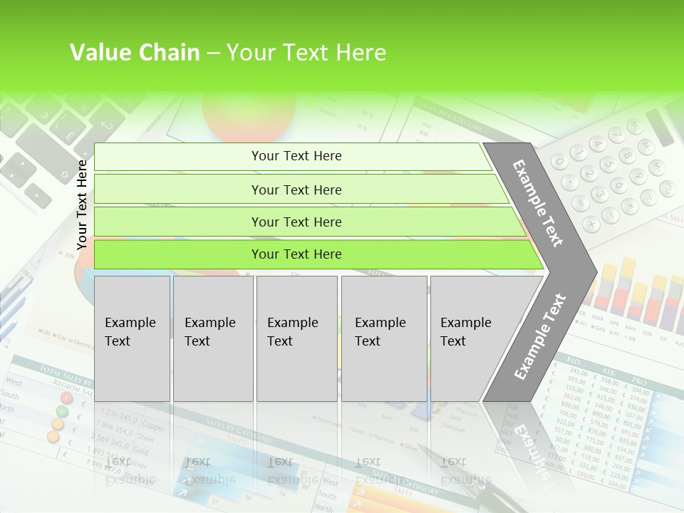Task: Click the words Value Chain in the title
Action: click(135, 53)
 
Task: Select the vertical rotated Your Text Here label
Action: click(82, 204)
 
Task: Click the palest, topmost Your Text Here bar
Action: click(296, 156)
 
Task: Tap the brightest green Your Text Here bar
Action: click(296, 254)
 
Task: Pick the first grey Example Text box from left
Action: click(132, 338)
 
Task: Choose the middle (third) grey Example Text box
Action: click(296, 338)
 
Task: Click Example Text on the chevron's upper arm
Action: click(538, 203)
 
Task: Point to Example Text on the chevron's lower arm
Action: click(539, 337)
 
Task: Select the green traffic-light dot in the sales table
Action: click(62, 411)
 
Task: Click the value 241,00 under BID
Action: click(579, 373)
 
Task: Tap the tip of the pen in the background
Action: click(420, 448)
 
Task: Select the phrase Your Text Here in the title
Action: click(306, 53)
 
